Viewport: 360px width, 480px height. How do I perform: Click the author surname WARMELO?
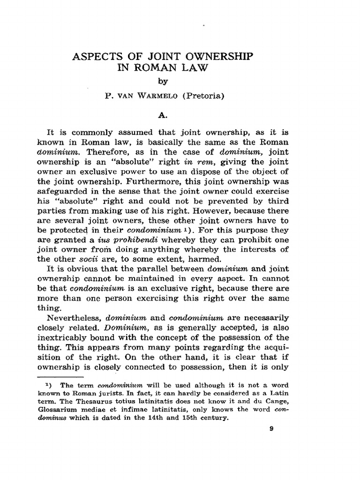point(153,97)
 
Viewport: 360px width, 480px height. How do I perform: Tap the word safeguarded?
point(64,192)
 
